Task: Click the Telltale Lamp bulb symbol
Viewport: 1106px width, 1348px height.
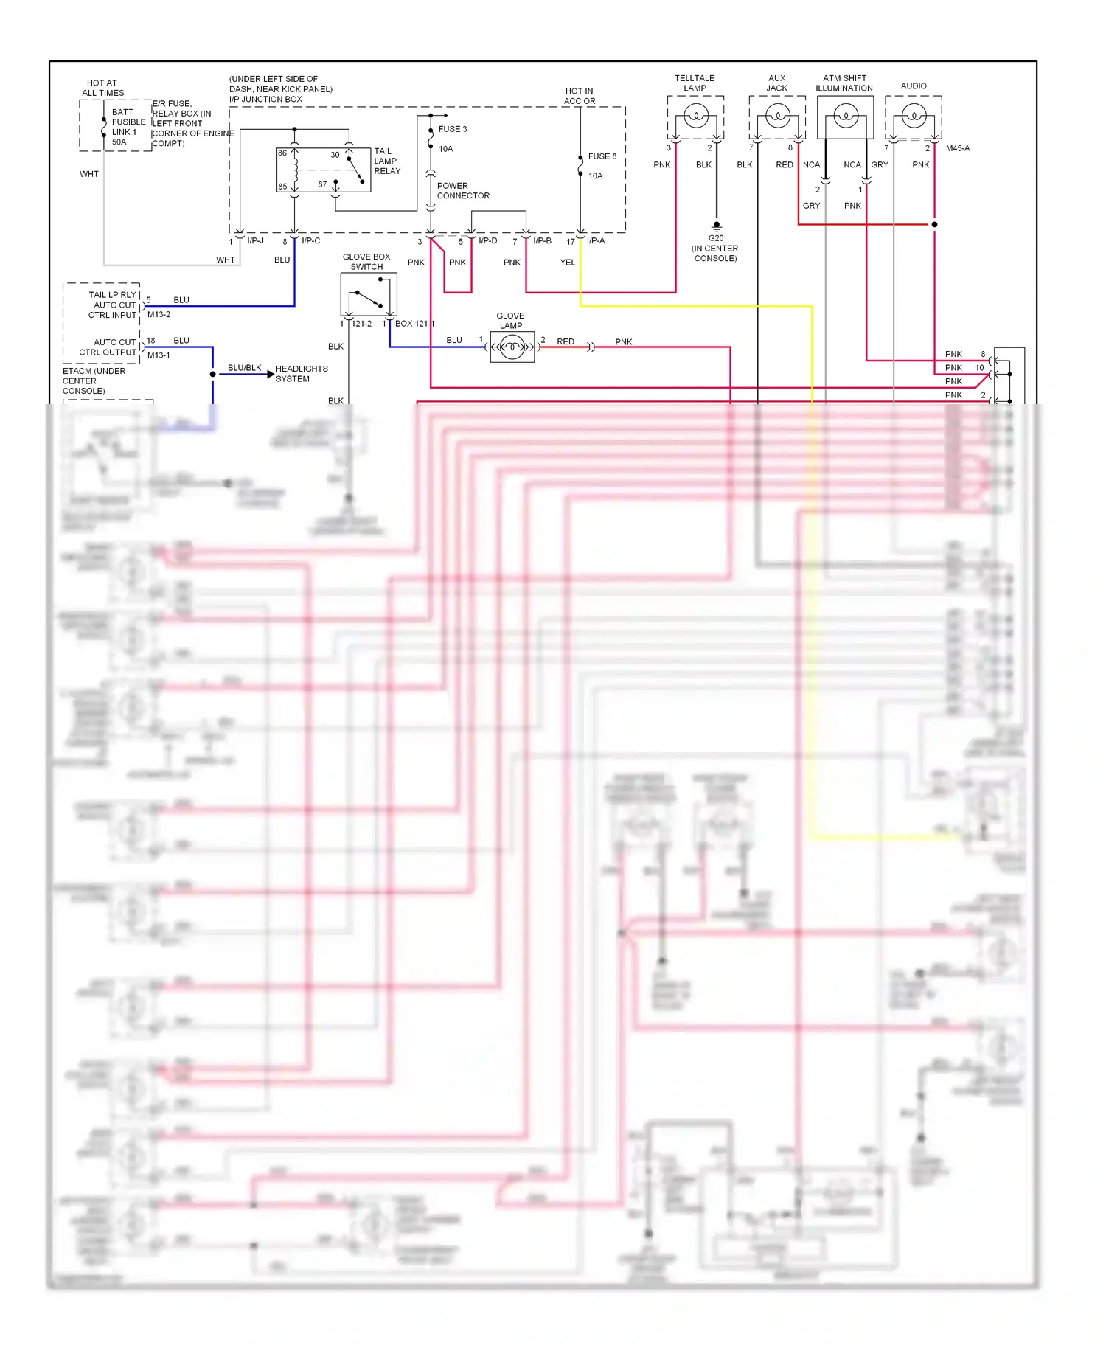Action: (695, 116)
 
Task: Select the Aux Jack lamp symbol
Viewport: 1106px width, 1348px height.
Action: (777, 116)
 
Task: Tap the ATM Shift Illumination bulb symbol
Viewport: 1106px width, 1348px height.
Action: (845, 116)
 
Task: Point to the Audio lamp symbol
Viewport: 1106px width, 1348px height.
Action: (914, 116)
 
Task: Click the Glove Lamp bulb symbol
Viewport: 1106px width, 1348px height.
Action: (512, 347)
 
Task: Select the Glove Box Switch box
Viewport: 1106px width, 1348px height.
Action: (369, 294)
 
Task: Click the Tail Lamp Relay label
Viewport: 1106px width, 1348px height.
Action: (386, 161)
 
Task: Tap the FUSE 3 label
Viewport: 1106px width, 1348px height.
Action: (452, 129)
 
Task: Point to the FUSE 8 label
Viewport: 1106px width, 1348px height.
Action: (602, 156)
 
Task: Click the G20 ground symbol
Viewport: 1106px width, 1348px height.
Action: (716, 226)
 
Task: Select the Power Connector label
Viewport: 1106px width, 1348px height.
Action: (462, 191)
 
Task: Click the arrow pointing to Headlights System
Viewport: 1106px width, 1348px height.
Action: (270, 375)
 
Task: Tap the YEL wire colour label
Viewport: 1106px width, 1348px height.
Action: (567, 263)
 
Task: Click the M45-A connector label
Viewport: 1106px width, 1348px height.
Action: (957, 148)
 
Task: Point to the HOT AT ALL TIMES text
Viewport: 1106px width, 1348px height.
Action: (102, 88)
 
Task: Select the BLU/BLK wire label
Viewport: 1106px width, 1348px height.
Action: (244, 367)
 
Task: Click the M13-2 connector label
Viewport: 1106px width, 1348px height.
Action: (159, 314)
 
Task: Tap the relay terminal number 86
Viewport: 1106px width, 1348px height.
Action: (282, 153)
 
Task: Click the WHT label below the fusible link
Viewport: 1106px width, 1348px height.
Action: (89, 174)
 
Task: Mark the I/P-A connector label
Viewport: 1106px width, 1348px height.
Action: (595, 241)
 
